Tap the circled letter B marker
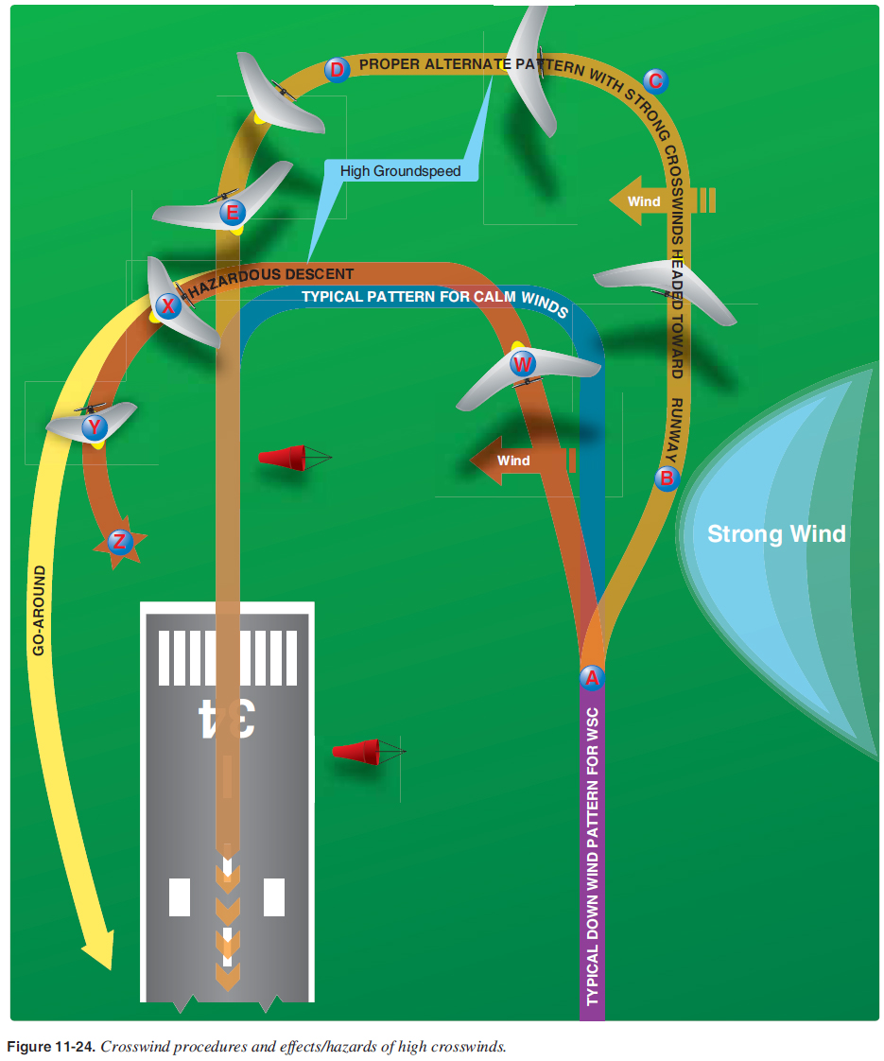pos(667,478)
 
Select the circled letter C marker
pos(655,81)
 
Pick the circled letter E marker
pos(231,212)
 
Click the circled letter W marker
pos(523,363)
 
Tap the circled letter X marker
pos(168,305)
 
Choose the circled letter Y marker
pos(95,427)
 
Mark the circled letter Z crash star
pos(118,542)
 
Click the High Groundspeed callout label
pos(400,171)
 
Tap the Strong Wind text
pos(776,534)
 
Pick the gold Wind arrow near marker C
pos(651,200)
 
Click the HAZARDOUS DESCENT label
pos(271,275)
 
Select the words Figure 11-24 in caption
pos(50,1047)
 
